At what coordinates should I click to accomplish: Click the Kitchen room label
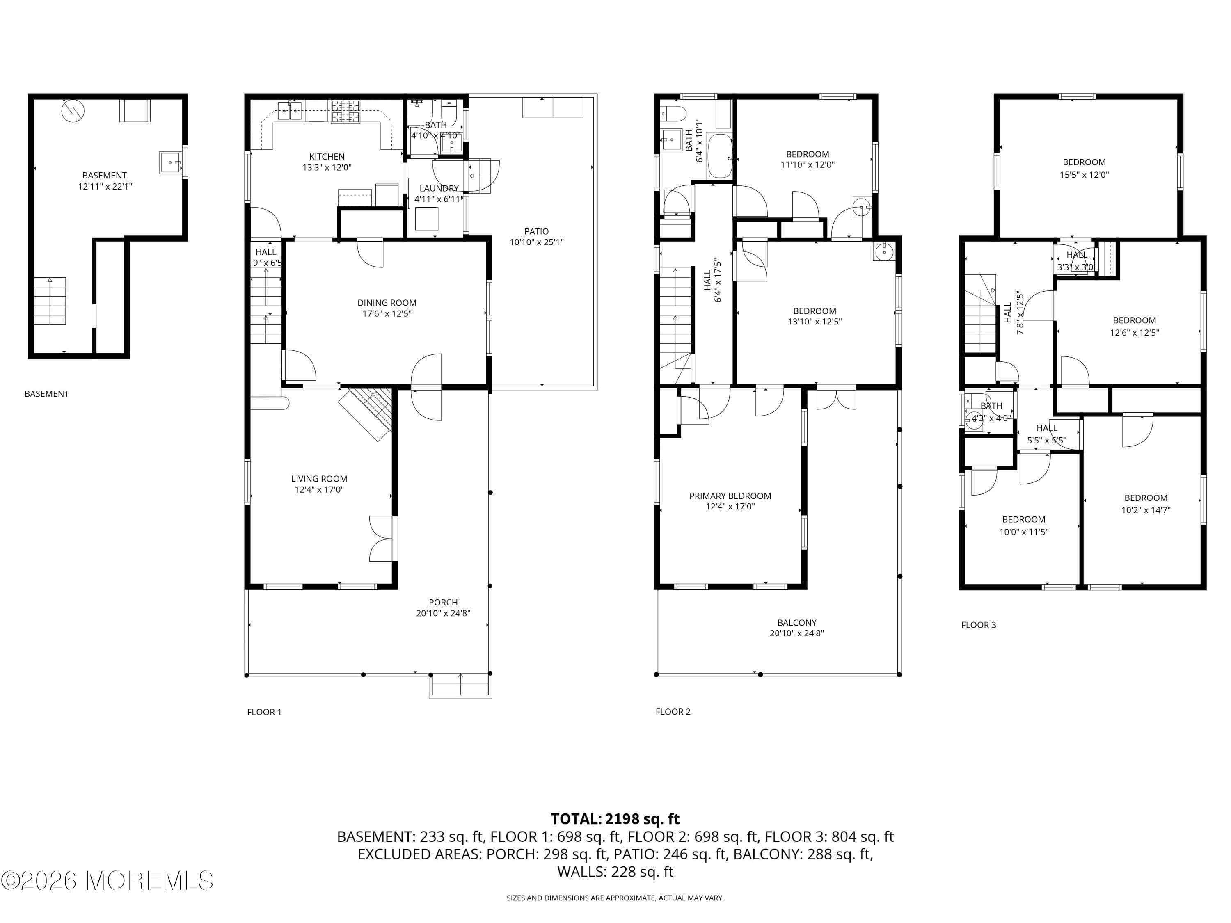(x=327, y=157)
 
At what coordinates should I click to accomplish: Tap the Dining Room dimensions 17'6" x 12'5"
(x=387, y=314)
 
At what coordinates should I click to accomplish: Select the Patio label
(x=536, y=231)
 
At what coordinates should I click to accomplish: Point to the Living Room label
(x=319, y=478)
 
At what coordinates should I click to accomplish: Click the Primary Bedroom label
(x=730, y=496)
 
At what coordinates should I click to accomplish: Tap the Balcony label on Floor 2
(x=796, y=623)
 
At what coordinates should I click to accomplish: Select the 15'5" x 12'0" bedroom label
(x=1084, y=162)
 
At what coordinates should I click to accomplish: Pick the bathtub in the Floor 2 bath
(x=720, y=156)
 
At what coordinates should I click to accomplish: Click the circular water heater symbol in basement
(x=73, y=111)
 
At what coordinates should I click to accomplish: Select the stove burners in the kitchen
(x=346, y=111)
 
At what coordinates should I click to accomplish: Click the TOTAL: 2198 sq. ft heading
(x=615, y=819)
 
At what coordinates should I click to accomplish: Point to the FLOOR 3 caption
(x=978, y=625)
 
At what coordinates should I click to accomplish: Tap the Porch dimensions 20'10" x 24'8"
(x=443, y=613)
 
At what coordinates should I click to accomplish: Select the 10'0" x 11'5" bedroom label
(x=1023, y=520)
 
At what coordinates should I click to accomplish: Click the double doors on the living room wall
(x=383, y=539)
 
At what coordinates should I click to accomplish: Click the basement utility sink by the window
(x=170, y=162)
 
